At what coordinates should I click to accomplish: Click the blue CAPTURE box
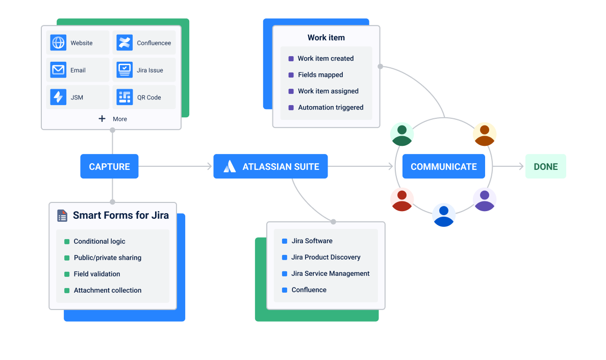[x=109, y=166]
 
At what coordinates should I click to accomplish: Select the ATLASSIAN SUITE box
[x=270, y=166]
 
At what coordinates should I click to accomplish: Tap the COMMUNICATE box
[x=443, y=166]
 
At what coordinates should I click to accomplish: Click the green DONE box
[x=545, y=166]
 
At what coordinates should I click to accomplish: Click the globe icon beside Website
[x=58, y=43]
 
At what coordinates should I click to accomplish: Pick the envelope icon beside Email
[x=58, y=70]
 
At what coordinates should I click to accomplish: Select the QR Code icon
[x=124, y=97]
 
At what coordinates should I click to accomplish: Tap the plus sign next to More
[x=102, y=119]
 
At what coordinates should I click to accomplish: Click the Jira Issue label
[x=150, y=70]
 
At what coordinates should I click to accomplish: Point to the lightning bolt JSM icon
[x=58, y=97]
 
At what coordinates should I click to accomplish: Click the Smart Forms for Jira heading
[x=120, y=215]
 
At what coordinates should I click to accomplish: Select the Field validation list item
[x=97, y=274]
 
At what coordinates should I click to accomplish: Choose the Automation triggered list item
[x=331, y=108]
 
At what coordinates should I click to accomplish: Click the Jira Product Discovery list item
[x=325, y=257]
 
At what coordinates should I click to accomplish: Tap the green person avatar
[x=402, y=135]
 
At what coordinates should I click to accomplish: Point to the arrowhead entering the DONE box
[x=521, y=166]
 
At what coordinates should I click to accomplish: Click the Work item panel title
[x=326, y=38]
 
